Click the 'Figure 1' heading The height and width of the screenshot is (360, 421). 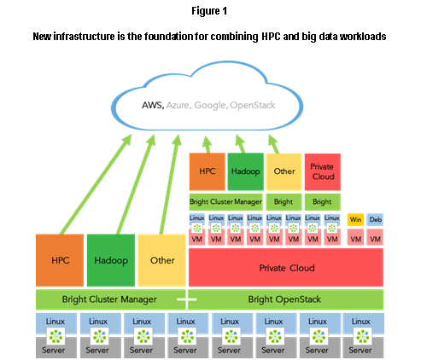coord(209,11)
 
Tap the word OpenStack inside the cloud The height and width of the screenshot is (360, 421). coord(253,105)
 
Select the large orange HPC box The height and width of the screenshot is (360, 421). coord(60,260)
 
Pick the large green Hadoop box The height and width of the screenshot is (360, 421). coord(111,260)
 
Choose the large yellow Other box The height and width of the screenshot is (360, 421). coord(161,260)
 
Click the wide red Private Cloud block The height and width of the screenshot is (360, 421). coord(286,267)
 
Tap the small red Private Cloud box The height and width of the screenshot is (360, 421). coord(323,171)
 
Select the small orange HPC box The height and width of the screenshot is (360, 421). coord(208,171)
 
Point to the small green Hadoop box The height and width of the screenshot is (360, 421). coord(246,171)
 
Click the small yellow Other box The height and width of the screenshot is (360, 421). coord(284,171)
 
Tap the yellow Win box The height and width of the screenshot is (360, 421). coord(355,219)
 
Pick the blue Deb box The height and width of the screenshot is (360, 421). coord(375,219)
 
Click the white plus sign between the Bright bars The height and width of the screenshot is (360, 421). coord(187,299)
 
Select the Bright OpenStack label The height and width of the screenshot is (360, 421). coord(284,299)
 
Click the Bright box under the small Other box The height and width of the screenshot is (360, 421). coord(284,202)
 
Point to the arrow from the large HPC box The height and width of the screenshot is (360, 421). coord(96,184)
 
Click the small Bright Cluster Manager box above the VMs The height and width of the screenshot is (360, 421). coord(226,202)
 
